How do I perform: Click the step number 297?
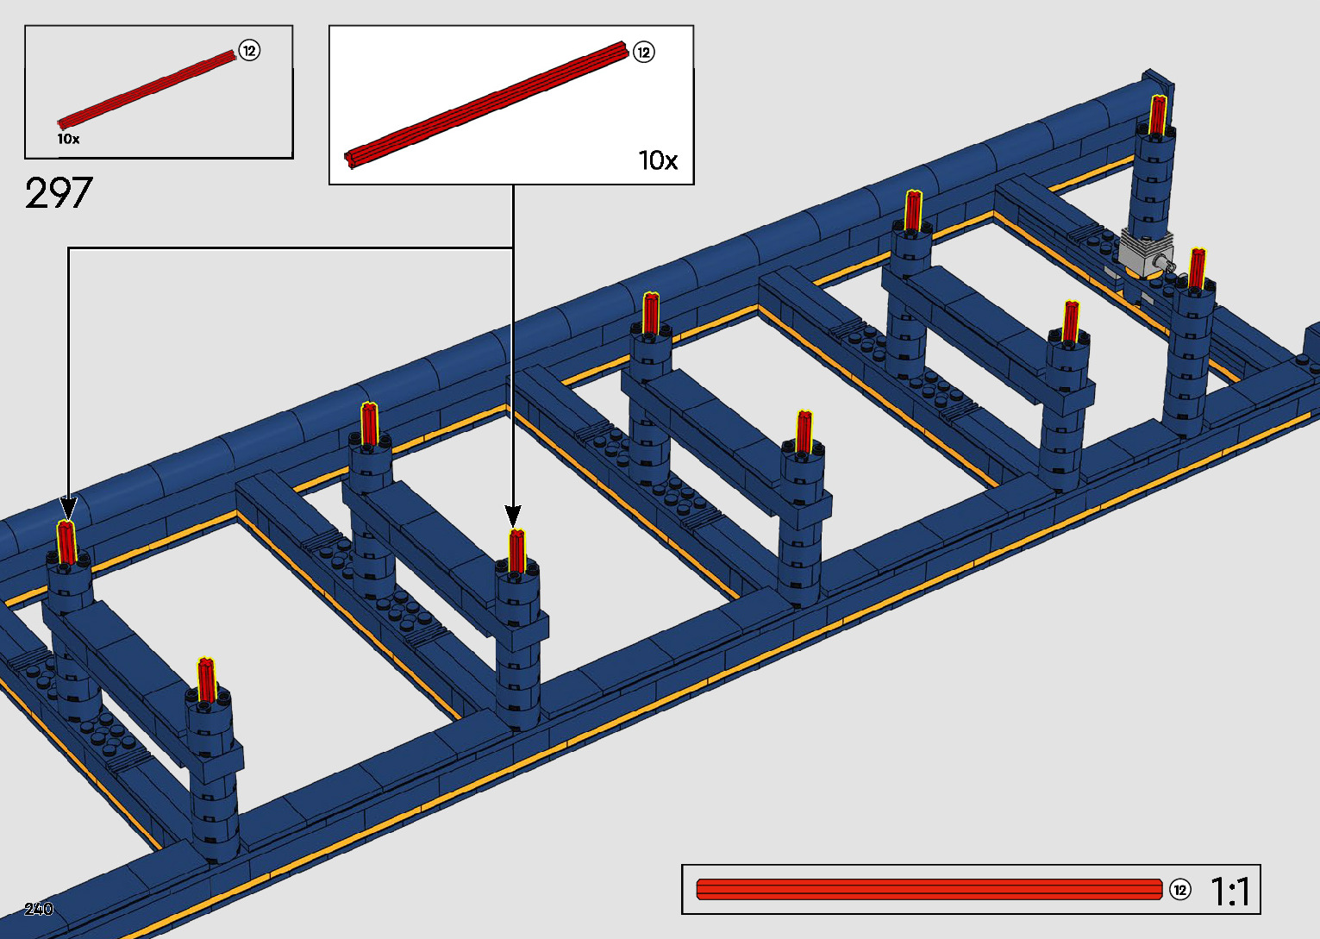(59, 193)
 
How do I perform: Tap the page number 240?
(39, 909)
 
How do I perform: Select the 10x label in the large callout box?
(658, 160)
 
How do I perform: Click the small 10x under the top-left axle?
(68, 139)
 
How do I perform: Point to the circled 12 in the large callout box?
(643, 53)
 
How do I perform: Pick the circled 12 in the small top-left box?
(249, 51)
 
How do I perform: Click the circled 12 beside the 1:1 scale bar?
(1179, 890)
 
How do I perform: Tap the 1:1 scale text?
(1230, 891)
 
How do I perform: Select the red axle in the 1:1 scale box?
(929, 890)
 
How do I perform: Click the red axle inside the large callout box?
(487, 103)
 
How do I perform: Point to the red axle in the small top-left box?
(147, 90)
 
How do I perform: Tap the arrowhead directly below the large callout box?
(514, 516)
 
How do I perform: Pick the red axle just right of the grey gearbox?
(1197, 267)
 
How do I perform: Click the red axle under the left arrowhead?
(66, 542)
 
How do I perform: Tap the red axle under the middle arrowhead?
(516, 551)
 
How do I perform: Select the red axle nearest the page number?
(206, 679)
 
